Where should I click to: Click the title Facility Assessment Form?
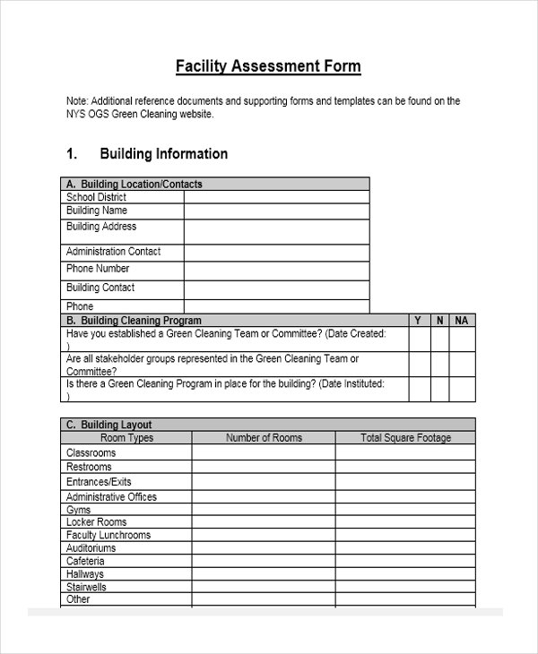pos(267,66)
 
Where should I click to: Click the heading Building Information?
pos(163,154)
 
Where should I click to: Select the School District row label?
pos(96,197)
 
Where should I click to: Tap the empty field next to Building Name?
pos(276,211)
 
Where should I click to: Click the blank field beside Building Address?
pos(276,231)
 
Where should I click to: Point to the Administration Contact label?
pos(113,252)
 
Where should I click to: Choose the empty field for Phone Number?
pos(276,271)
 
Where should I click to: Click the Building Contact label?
pos(100,288)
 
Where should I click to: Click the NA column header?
pos(462,320)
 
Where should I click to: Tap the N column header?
pos(439,320)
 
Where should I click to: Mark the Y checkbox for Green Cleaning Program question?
pos(419,389)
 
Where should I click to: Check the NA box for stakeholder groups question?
pos(462,364)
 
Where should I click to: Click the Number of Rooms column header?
pos(264,438)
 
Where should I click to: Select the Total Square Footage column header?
pos(405,438)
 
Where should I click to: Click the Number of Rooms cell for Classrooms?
pos(264,453)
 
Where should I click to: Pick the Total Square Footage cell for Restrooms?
pos(405,467)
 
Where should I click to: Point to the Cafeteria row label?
pos(86,561)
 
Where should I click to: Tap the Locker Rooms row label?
pos(96,521)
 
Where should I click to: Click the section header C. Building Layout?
pos(107,425)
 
